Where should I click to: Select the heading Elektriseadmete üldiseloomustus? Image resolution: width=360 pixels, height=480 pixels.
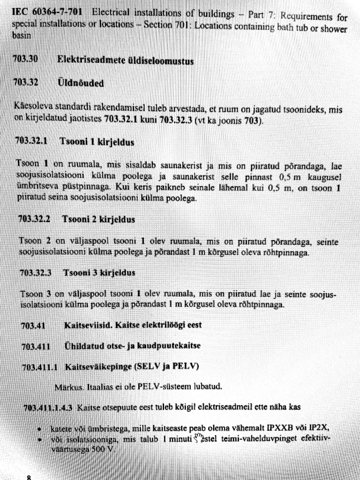125,60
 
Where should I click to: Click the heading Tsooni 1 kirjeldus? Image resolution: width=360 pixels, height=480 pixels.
97,142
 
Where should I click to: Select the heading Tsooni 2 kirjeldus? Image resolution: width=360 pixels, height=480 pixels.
99,219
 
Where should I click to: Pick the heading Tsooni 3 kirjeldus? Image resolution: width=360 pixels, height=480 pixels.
99,272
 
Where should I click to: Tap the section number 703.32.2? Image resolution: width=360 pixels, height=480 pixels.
36,218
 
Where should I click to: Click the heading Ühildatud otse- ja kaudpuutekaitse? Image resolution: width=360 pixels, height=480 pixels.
132,346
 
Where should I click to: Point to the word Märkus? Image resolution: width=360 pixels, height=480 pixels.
66,387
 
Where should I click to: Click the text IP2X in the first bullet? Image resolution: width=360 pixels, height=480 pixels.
323,427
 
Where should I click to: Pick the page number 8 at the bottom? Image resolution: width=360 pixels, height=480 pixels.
29,477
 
